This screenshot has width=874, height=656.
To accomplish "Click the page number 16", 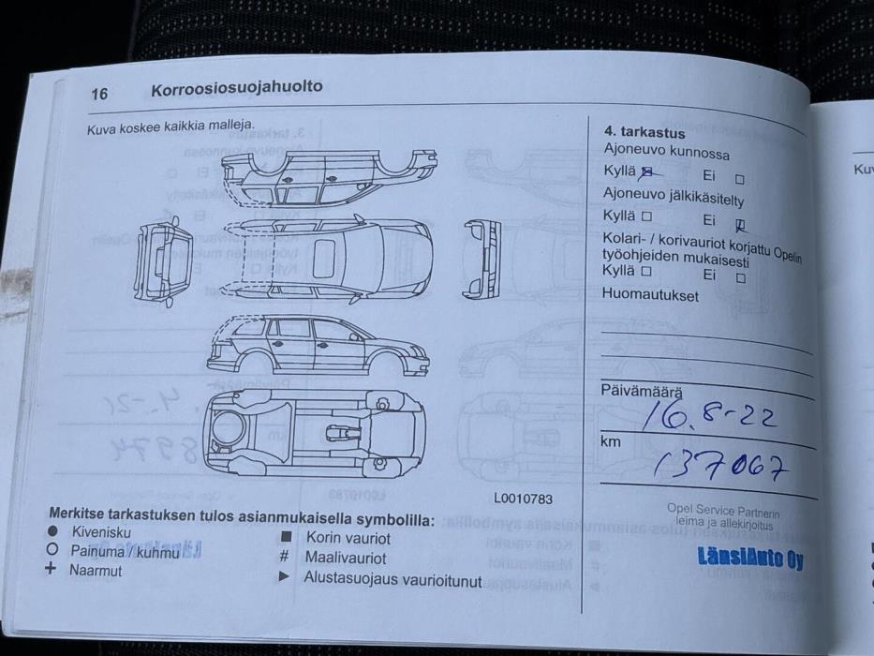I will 99,93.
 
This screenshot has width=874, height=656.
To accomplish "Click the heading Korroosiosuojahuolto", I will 236,87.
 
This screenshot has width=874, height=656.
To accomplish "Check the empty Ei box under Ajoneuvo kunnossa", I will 740,178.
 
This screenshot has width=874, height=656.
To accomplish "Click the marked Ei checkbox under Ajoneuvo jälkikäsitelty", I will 740,223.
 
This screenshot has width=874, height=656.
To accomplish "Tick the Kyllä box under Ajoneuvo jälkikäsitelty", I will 646,216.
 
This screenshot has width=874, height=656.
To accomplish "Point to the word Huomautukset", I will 650,294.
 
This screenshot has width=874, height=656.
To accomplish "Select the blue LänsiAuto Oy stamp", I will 749,558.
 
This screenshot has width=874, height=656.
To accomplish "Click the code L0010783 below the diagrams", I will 523,499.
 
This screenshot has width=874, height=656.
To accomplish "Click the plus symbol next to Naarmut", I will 51,569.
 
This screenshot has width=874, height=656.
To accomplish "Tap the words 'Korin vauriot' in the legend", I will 348,538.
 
